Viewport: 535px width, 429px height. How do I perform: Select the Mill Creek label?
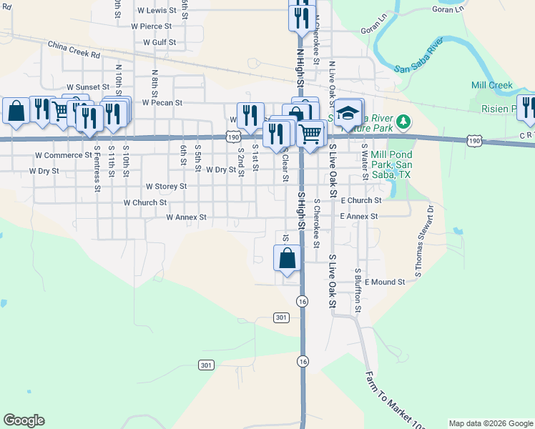coord(491,85)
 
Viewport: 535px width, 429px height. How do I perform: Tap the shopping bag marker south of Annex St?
coord(287,260)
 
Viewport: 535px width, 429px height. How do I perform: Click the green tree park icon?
coord(405,122)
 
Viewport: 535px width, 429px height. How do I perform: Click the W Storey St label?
coord(166,186)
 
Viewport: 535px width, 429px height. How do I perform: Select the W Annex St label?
coord(186,217)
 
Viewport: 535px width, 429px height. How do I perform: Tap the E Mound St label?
coord(384,282)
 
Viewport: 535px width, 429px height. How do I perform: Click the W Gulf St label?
coord(159,42)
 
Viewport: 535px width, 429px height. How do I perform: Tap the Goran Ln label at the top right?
coord(448,10)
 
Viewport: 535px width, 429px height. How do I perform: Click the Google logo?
coord(24,420)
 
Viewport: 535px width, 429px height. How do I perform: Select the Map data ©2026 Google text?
coord(491,423)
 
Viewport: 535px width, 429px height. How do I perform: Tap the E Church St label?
coord(360,201)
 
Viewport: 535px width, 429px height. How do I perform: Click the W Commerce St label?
coord(63,155)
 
